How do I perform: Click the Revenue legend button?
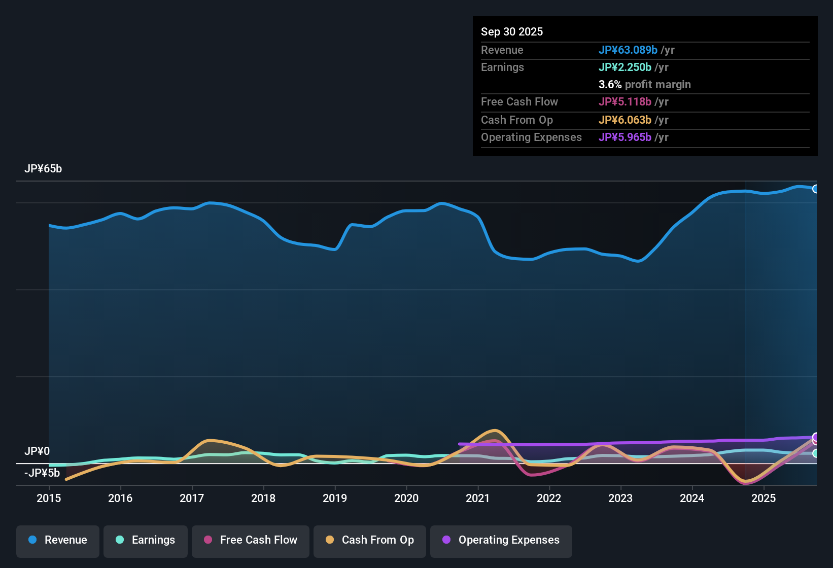[58, 540]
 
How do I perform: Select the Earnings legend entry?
[145, 540]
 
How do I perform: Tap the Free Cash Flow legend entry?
[251, 540]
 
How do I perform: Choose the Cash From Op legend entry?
[370, 540]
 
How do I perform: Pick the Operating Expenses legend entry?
[501, 540]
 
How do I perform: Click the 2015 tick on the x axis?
[49, 498]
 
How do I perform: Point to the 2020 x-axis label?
[406, 498]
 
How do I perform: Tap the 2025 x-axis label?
[763, 498]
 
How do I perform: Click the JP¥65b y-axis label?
[43, 169]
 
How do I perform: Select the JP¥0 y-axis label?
[37, 451]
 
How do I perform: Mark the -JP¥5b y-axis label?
[42, 473]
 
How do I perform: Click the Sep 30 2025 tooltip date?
[512, 31]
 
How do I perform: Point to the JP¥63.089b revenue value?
[628, 50]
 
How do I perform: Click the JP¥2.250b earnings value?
[625, 67]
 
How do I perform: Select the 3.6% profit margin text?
[644, 84]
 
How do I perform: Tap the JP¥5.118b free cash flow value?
[625, 101]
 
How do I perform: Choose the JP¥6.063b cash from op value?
[625, 120]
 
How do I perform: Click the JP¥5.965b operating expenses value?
[625, 137]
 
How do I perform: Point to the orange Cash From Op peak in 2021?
[495, 431]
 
